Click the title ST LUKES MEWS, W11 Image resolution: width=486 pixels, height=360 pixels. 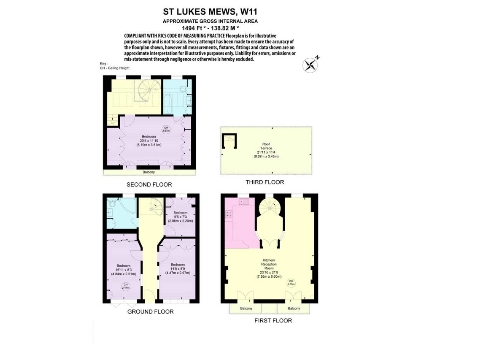(x=210, y=12)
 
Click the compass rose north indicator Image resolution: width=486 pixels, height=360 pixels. (x=310, y=65)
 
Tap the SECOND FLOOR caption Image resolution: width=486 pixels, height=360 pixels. (x=149, y=184)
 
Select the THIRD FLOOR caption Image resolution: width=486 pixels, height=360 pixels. (x=265, y=182)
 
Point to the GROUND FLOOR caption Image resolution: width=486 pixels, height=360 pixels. (x=150, y=311)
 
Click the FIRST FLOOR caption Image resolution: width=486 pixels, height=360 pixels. (x=273, y=321)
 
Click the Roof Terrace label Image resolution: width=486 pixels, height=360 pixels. (x=266, y=150)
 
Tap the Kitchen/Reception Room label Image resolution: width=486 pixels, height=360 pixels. (x=269, y=268)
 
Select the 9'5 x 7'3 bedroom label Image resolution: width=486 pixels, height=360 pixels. (x=181, y=217)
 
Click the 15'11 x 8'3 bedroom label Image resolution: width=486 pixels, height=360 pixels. (x=123, y=270)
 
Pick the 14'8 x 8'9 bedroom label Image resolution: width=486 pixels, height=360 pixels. (x=178, y=269)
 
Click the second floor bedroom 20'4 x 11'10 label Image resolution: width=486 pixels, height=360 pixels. (x=149, y=141)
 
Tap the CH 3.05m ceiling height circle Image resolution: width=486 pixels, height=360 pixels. (x=291, y=283)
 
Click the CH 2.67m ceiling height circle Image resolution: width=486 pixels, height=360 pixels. (x=166, y=129)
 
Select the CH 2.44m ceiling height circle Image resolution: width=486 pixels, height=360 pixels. (x=126, y=286)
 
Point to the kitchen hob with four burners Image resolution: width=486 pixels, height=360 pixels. (x=229, y=214)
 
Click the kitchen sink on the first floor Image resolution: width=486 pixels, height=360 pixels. (x=244, y=202)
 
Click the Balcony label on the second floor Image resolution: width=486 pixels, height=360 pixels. (x=149, y=172)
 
